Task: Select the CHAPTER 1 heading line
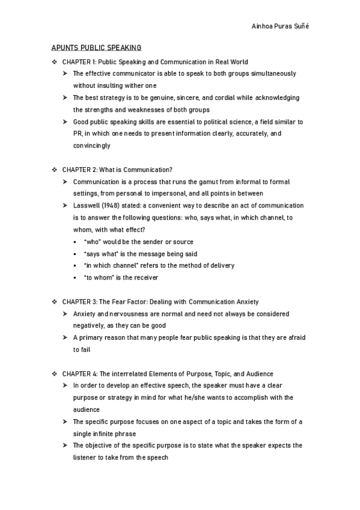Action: tap(155, 61)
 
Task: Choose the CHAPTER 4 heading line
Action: tap(168, 373)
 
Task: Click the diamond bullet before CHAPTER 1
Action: tap(55, 61)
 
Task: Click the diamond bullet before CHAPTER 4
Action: tap(55, 373)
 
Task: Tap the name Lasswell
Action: tap(85, 206)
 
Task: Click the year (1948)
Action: tap(111, 206)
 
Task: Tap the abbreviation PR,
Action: tap(78, 134)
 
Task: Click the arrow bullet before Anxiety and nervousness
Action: tap(64, 314)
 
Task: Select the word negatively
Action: tap(88, 325)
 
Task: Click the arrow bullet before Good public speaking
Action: tap(64, 121)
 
